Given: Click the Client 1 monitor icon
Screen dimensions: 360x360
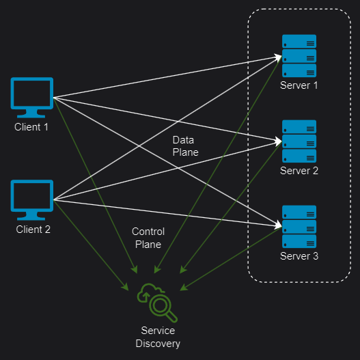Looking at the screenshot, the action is tap(32, 98).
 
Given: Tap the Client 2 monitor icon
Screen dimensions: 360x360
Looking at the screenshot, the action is tap(32, 199).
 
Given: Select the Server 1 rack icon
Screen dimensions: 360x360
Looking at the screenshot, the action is tap(299, 56).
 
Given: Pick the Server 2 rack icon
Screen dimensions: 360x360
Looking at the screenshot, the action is tap(299, 141).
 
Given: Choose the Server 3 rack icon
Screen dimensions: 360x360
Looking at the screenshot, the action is tap(299, 227).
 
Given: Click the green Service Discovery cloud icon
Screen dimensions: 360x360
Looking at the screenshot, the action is tap(157, 303).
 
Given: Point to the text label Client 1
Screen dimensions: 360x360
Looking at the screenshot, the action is tap(31, 127).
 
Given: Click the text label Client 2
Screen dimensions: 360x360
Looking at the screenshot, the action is tap(33, 230).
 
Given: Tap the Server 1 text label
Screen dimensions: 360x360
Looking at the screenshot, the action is tap(299, 85).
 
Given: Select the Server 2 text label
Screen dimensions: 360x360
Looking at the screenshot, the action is tap(299, 171).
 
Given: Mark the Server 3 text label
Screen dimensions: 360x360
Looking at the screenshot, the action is tap(299, 256).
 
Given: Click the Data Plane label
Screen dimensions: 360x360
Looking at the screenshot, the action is tap(186, 146).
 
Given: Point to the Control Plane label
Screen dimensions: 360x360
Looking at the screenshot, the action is tap(148, 238).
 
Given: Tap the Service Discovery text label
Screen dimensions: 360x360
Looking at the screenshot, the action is tap(158, 337).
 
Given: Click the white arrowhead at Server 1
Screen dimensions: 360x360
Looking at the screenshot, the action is tap(278, 57).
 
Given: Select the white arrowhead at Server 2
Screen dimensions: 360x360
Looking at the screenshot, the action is tap(278, 141).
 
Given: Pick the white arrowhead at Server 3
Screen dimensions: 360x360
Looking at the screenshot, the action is tap(278, 225).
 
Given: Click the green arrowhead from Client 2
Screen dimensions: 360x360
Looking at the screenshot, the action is tap(125, 287).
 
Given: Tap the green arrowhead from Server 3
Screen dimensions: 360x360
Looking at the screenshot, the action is tap(184, 287).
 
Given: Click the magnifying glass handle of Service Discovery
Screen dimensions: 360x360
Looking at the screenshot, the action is tap(171, 316).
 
